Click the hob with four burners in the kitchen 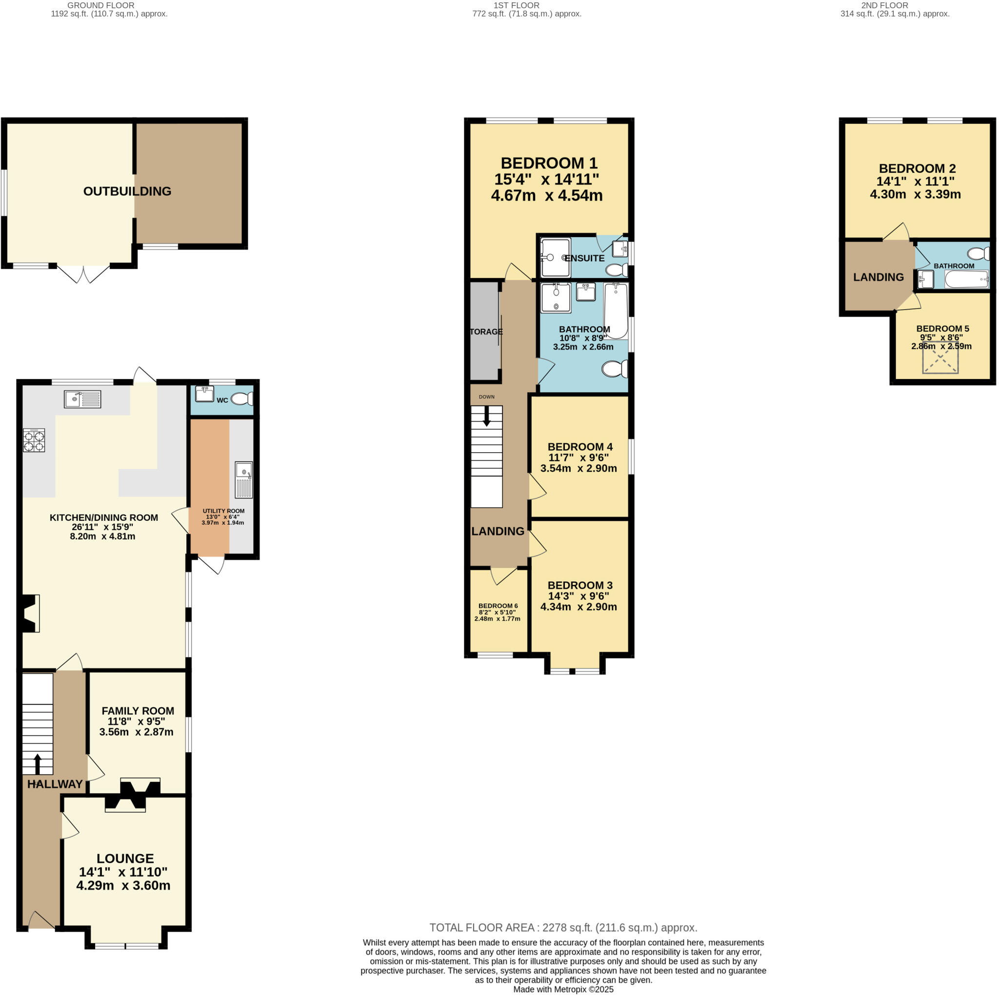click(34, 441)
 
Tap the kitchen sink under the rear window click(83, 399)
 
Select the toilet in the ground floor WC click(241, 398)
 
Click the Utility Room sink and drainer click(244, 480)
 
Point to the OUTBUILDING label click(127, 191)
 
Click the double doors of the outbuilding click(83, 274)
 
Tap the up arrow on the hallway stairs click(37, 763)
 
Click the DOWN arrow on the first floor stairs click(486, 416)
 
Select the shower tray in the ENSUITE click(555, 258)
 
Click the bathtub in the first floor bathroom click(616, 310)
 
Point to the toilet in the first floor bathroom click(615, 369)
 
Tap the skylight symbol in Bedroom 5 click(940, 358)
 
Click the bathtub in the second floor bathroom click(966, 280)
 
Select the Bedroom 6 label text click(498, 606)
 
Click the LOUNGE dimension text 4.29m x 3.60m click(123, 885)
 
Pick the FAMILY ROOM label click(138, 711)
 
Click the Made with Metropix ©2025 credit click(563, 989)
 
